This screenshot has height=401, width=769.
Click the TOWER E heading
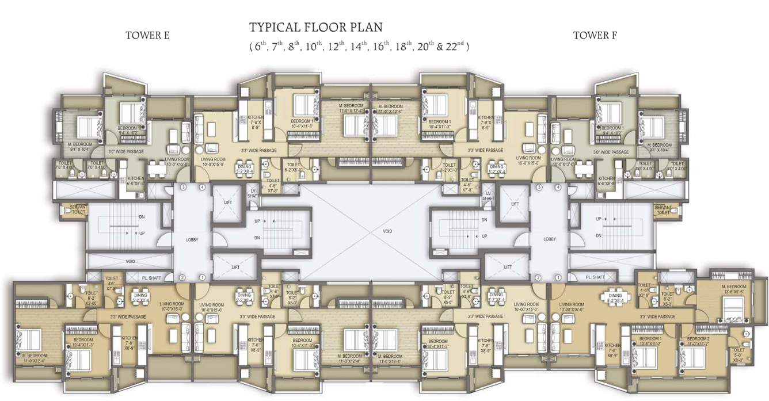147,36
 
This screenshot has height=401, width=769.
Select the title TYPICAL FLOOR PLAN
316,27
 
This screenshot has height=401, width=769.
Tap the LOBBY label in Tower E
192,239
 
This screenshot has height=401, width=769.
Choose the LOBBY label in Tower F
550,239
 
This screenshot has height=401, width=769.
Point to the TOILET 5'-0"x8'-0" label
738,352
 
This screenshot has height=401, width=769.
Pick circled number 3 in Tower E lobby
183,188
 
